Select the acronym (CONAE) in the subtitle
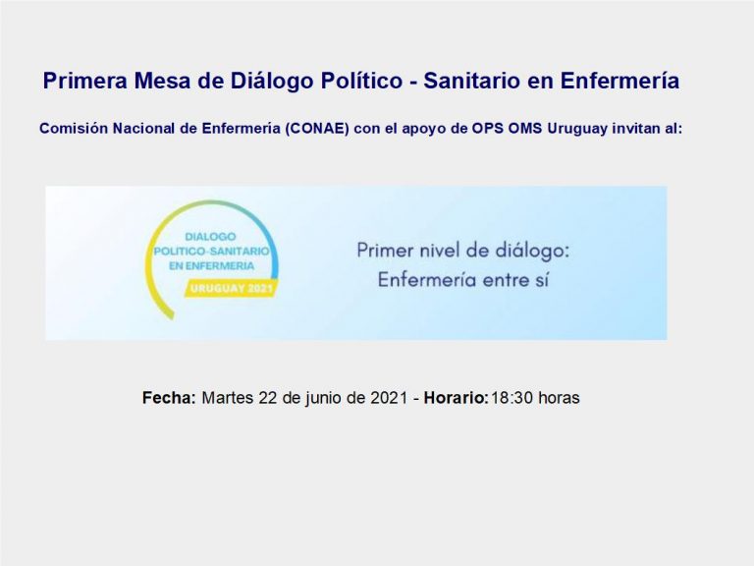[x=316, y=129]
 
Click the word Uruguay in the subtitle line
[x=577, y=129]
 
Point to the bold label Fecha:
[x=169, y=398]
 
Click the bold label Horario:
[x=456, y=398]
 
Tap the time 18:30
[x=512, y=398]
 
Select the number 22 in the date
[x=267, y=398]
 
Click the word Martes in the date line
[x=228, y=398]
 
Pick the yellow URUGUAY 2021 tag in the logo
[x=232, y=289]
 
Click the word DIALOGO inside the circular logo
[x=211, y=236]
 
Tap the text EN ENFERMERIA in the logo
[x=211, y=265]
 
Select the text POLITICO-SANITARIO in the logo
[x=212, y=252]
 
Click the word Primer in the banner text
[x=386, y=251]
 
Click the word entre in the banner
[x=503, y=280]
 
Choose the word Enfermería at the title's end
[x=619, y=81]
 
